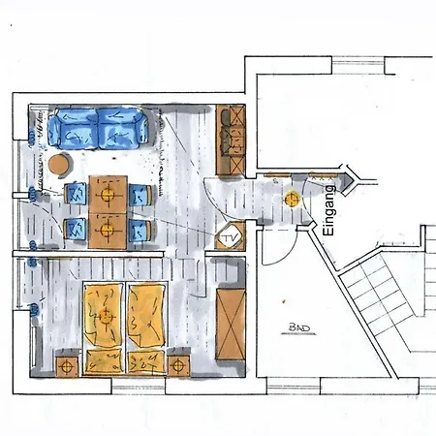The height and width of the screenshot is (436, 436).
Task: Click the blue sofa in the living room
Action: (x=98, y=129)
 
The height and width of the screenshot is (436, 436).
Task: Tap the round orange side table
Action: (x=59, y=164)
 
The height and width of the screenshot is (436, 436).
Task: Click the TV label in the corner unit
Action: (x=230, y=238)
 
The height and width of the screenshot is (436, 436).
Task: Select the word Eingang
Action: (x=328, y=210)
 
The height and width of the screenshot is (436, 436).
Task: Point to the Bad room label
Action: (x=298, y=328)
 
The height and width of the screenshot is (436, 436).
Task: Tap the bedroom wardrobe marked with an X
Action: (x=231, y=324)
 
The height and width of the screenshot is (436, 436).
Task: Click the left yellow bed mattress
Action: (x=104, y=316)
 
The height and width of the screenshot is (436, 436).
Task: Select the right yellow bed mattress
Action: (x=147, y=316)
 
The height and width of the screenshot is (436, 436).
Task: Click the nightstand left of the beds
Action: (x=67, y=366)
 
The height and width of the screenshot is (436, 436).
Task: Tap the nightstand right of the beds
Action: (x=178, y=366)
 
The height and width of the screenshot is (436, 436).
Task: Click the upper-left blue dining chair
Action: (x=76, y=194)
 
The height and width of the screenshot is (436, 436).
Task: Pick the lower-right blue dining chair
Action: (x=140, y=231)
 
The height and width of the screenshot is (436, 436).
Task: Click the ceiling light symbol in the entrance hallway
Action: (x=293, y=200)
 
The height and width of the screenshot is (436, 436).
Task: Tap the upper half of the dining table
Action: (x=108, y=195)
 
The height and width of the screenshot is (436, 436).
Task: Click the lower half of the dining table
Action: (x=108, y=232)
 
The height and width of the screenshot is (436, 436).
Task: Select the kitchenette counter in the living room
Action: (x=231, y=140)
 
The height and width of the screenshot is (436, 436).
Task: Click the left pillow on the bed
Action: (x=104, y=362)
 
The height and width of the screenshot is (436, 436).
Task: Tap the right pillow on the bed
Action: (x=147, y=362)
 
